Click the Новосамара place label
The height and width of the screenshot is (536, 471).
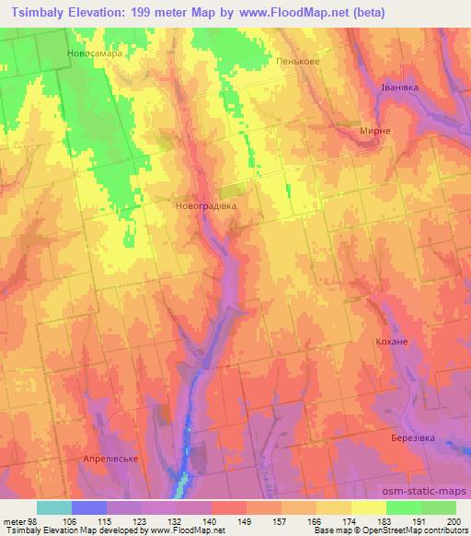[x=95, y=53]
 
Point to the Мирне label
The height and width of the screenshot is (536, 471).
[x=375, y=131]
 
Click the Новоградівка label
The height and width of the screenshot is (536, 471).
[x=205, y=206]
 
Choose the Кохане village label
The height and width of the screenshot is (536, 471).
[x=391, y=342]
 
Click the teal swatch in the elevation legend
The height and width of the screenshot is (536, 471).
[x=54, y=507]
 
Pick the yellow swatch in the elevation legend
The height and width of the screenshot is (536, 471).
[x=368, y=507]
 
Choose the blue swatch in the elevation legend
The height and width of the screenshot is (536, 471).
[x=89, y=507]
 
